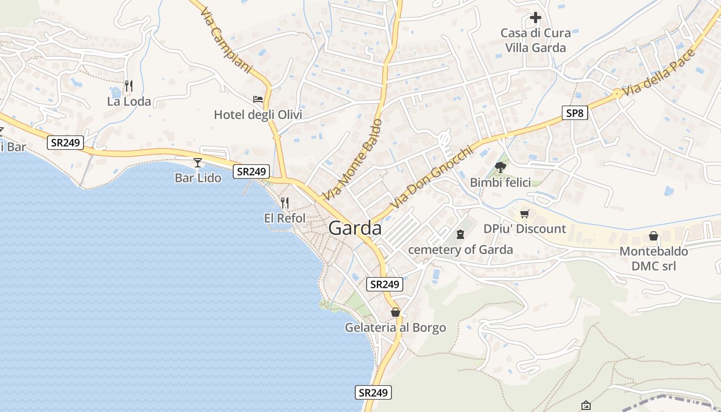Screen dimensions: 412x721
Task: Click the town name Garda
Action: coord(355,228)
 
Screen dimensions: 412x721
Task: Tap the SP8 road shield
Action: coord(574,113)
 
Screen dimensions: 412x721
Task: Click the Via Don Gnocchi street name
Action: coord(432,177)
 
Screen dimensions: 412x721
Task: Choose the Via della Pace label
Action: coord(655,73)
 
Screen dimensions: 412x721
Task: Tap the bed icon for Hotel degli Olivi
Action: coord(258,99)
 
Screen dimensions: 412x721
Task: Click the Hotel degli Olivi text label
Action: coord(258,115)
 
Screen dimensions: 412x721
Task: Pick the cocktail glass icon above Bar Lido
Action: coord(198,163)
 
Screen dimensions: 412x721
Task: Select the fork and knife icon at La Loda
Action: coord(129,85)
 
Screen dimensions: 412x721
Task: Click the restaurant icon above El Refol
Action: coord(285,203)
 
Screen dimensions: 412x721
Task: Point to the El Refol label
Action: coord(285,218)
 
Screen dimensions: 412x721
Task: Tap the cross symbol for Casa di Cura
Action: coord(536,18)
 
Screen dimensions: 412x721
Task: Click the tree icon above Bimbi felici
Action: coord(500,167)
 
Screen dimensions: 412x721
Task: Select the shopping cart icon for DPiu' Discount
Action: coord(525,214)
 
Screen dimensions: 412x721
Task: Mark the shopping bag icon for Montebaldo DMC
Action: coord(654,236)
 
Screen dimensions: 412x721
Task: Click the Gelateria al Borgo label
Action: coord(396,328)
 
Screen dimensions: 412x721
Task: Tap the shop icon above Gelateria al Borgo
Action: coord(396,312)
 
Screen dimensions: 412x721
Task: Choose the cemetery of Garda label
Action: coord(460,250)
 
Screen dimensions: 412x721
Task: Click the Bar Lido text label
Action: coord(198,178)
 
